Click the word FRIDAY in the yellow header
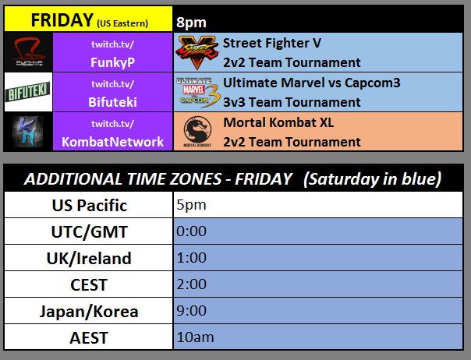[62, 20]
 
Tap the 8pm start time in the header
[191, 23]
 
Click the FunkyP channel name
[112, 62]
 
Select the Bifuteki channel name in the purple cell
[112, 102]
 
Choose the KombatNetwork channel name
[112, 142]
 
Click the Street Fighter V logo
[197, 52]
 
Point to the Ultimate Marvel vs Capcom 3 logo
[198, 92]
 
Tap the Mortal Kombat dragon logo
[197, 132]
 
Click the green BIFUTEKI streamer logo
[28, 92]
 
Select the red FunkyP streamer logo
[29, 52]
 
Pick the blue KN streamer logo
[27, 132]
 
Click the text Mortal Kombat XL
[278, 122]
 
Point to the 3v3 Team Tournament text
[292, 102]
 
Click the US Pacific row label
[90, 206]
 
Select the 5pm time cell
[191, 205]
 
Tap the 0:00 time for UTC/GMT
[191, 231]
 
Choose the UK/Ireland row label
[89, 258]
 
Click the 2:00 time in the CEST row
[191, 284]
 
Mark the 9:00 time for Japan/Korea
[191, 310]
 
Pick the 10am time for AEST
[195, 337]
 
